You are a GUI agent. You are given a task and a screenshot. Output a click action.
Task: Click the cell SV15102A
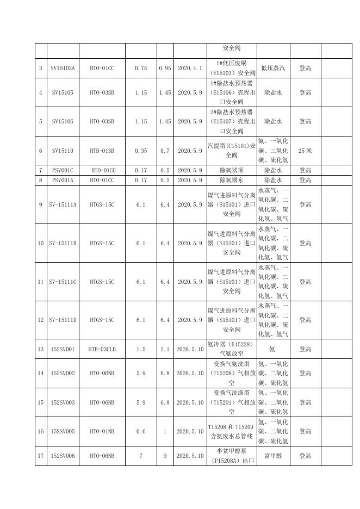(63, 69)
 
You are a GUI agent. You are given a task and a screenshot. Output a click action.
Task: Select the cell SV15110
(63, 151)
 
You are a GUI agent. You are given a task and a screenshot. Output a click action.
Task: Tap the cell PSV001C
(63, 171)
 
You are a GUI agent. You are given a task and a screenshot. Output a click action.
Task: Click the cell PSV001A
(63, 180)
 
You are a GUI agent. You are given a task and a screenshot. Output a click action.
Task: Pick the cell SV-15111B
(63, 243)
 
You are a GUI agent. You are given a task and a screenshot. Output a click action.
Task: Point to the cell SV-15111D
(63, 320)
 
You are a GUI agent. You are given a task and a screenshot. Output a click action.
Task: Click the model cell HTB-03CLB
(102, 349)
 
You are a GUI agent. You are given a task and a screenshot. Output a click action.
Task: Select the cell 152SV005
(63, 431)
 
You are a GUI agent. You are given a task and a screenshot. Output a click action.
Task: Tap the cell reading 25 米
(305, 151)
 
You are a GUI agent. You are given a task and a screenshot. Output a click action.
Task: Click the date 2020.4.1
(190, 69)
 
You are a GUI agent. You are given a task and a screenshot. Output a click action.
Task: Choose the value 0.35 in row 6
(141, 151)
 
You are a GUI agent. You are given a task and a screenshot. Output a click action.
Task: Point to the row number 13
(41, 349)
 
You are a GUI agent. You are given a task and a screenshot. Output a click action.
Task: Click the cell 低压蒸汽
(273, 69)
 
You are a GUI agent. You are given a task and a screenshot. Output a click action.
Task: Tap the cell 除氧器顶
(231, 171)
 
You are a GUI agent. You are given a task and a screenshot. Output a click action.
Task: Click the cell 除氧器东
(231, 180)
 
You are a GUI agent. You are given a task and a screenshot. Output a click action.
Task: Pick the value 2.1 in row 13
(165, 349)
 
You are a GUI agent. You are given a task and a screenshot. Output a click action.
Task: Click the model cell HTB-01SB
(102, 151)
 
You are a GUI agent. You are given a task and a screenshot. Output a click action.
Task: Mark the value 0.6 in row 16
(141, 431)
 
